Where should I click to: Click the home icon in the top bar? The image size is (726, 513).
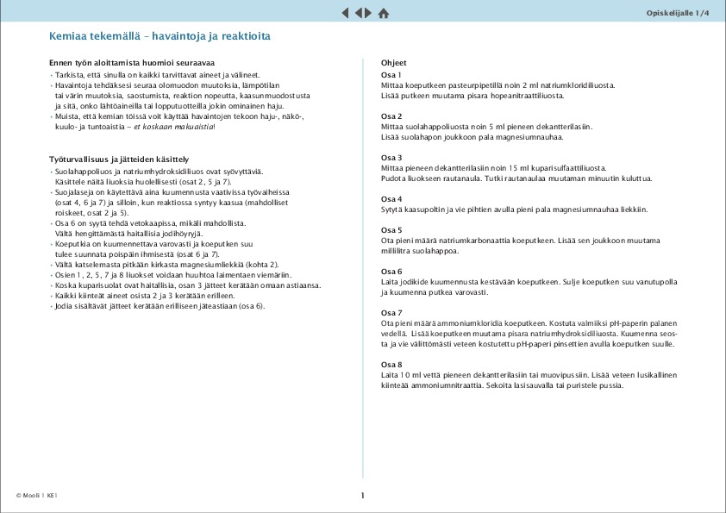(x=384, y=13)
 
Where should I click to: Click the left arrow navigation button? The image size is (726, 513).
(x=346, y=13)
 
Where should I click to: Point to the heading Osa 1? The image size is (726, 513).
(x=391, y=75)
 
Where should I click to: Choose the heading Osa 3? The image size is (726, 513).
(x=391, y=158)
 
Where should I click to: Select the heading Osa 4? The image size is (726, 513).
(x=391, y=199)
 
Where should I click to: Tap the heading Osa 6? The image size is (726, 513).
(x=391, y=272)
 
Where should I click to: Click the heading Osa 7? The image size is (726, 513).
(x=391, y=313)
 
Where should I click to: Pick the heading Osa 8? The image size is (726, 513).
(x=391, y=365)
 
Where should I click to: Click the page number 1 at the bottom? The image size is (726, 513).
(x=363, y=496)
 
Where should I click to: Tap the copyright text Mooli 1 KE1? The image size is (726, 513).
(x=36, y=496)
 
